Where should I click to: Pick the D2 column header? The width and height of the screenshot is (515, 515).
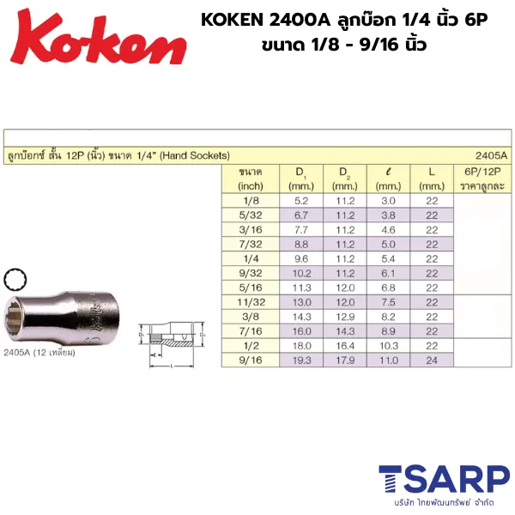click(343, 178)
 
